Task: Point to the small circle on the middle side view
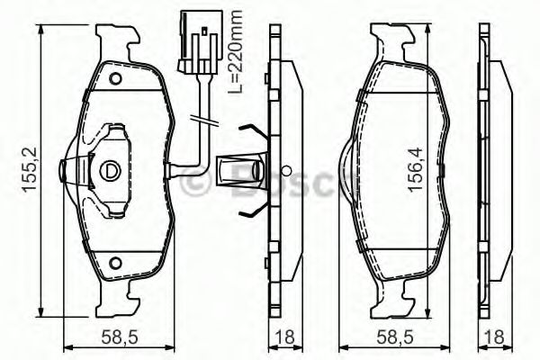point(285,169)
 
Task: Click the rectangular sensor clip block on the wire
point(228,168)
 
